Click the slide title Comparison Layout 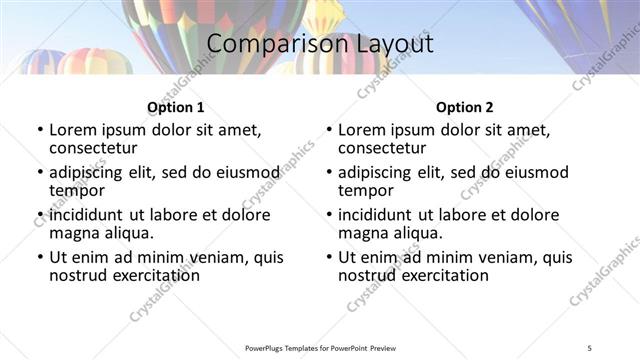(320, 44)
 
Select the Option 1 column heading (175, 107)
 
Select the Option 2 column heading (465, 107)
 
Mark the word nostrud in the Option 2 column (366, 275)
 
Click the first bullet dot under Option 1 (39, 130)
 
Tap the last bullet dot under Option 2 (328, 257)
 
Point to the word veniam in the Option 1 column (223, 256)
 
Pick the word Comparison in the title (265, 44)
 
